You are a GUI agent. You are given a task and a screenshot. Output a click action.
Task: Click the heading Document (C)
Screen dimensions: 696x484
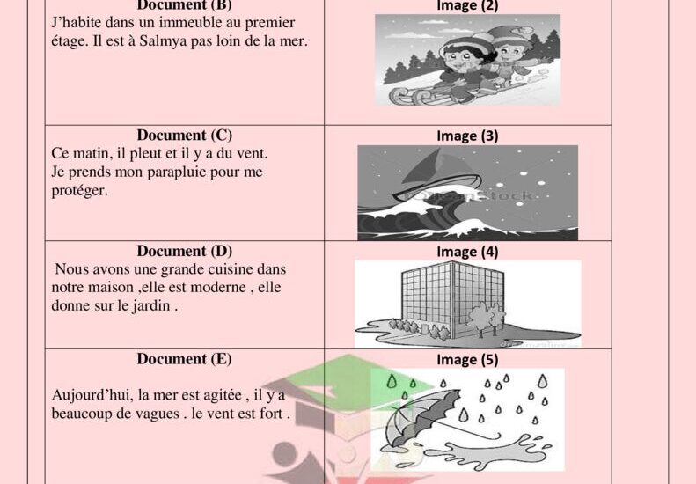184,135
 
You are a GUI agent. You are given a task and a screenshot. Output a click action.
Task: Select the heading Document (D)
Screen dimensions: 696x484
184,251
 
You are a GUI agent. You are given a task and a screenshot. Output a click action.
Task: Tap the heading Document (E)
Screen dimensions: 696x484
184,359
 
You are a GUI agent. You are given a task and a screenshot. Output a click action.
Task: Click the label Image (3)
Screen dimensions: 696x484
467,136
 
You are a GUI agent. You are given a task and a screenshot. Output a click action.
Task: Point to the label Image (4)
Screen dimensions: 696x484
467,252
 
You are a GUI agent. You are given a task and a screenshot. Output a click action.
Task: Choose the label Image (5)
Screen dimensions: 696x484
467,360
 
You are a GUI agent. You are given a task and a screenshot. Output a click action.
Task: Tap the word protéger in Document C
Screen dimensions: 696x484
79,191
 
